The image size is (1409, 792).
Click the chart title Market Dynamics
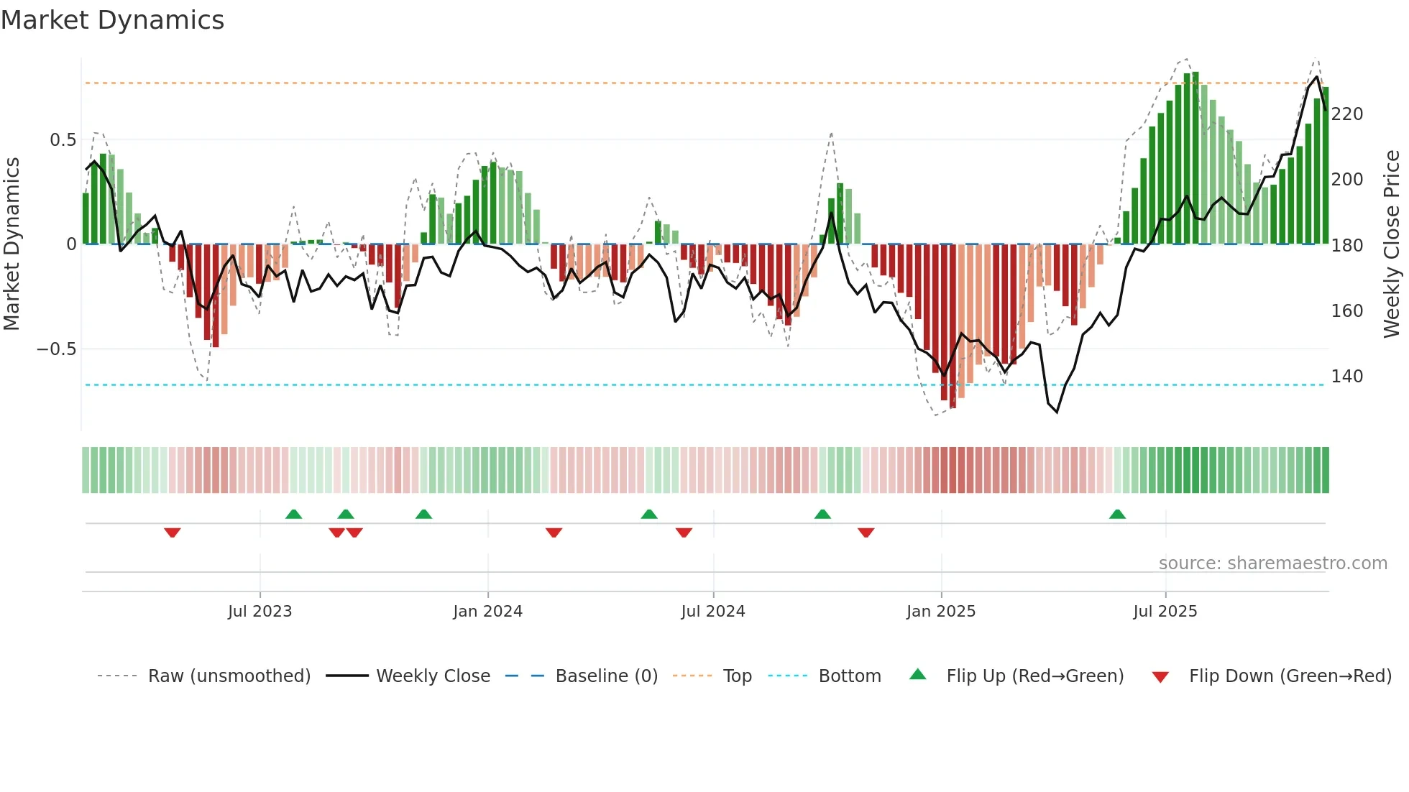point(112,20)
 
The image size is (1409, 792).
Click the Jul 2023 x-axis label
point(260,612)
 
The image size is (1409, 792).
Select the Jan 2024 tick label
point(487,612)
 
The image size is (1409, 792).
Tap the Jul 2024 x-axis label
point(712,612)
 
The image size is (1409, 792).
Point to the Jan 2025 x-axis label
point(940,612)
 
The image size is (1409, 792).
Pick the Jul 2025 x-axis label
point(1165,612)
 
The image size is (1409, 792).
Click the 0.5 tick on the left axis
point(63,140)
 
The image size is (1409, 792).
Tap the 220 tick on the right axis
point(1346,114)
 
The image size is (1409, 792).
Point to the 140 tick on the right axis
point(1346,377)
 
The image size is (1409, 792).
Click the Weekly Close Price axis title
point(1392,244)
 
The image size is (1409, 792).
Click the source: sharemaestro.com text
point(1272,563)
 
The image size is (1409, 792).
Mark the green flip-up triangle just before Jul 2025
point(1116,515)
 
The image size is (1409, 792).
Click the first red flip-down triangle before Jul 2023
point(172,533)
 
